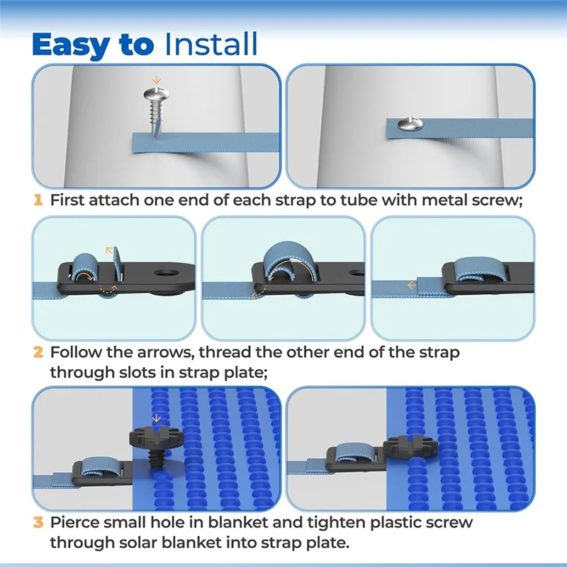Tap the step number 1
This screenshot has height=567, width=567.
pyautogui.click(x=38, y=201)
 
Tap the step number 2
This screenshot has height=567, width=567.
pyautogui.click(x=38, y=352)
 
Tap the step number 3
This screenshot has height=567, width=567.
pyautogui.click(x=38, y=524)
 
